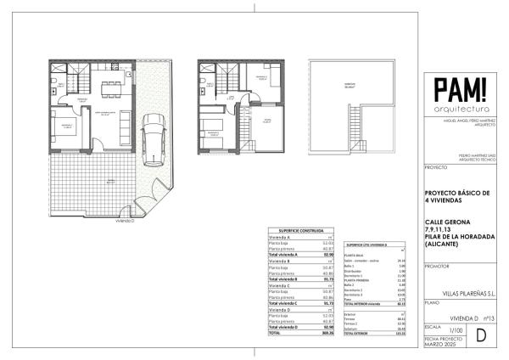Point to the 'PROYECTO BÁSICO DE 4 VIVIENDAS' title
click(x=456, y=197)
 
